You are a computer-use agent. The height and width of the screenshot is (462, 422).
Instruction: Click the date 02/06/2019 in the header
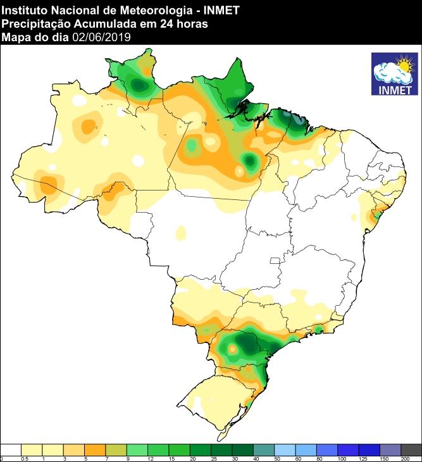click(x=102, y=37)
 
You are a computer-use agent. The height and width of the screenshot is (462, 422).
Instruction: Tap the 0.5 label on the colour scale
click(x=24, y=458)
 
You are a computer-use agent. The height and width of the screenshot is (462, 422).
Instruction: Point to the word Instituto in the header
click(x=24, y=9)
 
